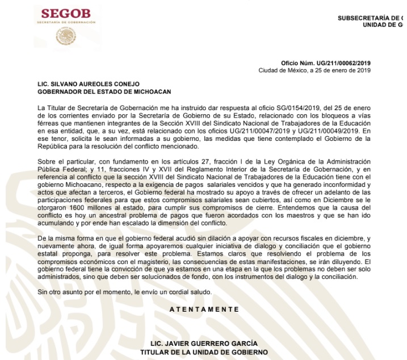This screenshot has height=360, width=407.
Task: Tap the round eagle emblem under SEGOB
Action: tap(66, 37)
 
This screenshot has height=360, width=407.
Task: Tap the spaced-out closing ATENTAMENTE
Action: tap(204, 309)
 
